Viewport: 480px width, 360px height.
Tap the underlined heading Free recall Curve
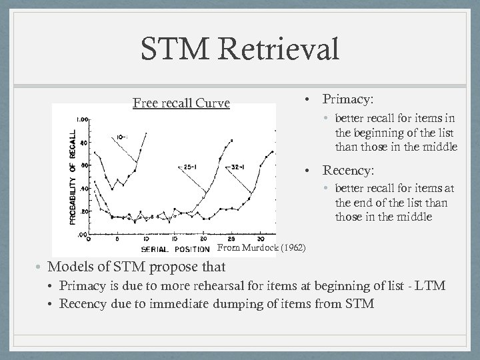coord(181,103)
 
